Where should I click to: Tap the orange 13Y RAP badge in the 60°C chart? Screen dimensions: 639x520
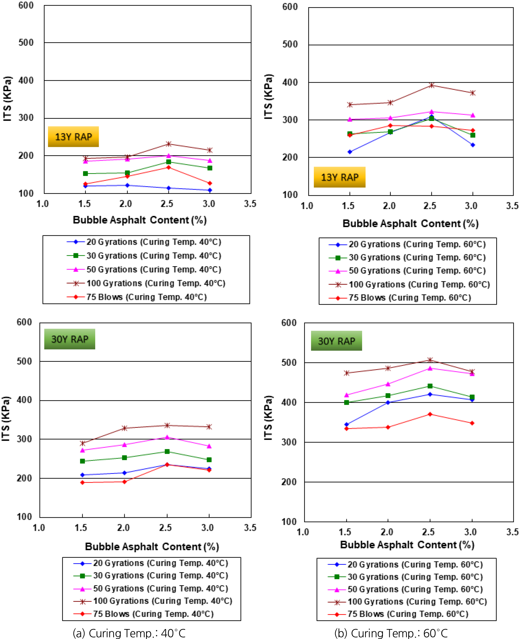(339, 177)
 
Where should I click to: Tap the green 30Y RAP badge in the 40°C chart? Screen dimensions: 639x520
(70, 339)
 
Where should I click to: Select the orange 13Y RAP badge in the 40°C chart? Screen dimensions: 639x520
(73, 137)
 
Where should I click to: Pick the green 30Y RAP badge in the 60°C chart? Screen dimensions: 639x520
(336, 341)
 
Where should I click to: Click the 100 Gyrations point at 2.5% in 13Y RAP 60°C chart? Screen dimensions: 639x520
(431, 85)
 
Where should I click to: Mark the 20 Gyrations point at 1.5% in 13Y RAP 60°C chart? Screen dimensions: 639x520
(349, 152)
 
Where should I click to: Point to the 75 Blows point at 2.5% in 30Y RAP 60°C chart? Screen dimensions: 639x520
(430, 414)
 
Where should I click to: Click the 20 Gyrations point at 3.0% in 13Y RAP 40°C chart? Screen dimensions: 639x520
(210, 190)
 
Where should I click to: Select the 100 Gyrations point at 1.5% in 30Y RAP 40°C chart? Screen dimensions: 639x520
(82, 443)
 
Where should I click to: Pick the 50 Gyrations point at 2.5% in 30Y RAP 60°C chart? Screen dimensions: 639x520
(430, 368)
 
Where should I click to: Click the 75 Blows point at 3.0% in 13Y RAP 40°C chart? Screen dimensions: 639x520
(210, 183)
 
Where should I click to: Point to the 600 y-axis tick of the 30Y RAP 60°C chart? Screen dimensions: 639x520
(289, 323)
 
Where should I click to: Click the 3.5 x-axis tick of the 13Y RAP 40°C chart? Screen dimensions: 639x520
(250, 204)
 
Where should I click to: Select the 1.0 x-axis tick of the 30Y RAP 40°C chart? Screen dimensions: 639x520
(39, 527)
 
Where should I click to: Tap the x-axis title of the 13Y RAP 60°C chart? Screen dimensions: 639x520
(410, 224)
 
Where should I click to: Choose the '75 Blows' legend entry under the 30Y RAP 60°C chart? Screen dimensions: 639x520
(407, 614)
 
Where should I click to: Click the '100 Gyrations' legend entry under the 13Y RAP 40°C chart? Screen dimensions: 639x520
(156, 283)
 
